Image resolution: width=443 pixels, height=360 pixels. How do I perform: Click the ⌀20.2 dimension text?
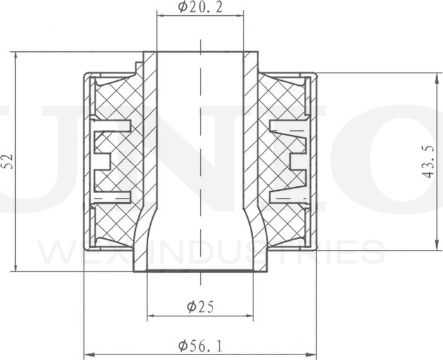click(x=200, y=8)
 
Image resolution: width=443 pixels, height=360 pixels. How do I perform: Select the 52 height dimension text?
click(x=8, y=161)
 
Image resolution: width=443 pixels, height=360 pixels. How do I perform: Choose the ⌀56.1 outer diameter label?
click(x=200, y=345)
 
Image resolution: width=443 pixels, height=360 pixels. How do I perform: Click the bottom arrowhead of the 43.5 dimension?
click(x=436, y=246)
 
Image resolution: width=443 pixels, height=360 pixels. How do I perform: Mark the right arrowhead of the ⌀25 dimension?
click(x=250, y=316)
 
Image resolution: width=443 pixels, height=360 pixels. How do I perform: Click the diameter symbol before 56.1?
click(x=182, y=345)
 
